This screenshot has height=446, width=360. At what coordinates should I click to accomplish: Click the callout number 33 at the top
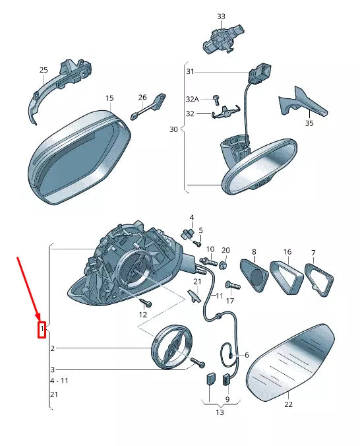[221, 16]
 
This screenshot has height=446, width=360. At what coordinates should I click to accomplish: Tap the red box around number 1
[42, 330]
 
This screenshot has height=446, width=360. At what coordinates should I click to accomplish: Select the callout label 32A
[193, 99]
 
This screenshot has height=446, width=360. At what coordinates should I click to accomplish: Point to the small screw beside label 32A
[216, 100]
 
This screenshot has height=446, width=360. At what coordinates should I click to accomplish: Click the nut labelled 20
[224, 265]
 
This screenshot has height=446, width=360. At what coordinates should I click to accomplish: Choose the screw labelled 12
[146, 302]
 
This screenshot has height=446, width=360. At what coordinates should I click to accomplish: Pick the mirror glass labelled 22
[290, 362]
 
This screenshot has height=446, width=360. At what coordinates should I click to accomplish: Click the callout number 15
[109, 98]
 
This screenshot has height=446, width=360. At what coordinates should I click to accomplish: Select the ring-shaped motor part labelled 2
[171, 346]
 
